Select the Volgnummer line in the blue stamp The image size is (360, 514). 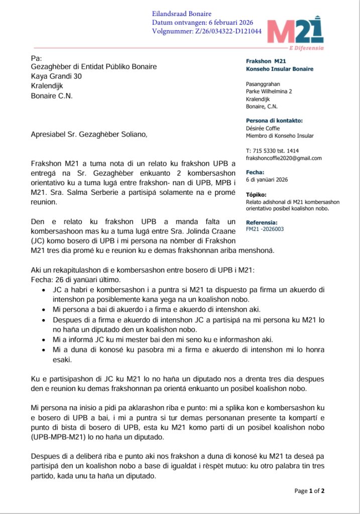pos(206,31)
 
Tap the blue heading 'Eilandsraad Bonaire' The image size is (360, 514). pos(182,14)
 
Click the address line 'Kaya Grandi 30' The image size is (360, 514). pos(56,76)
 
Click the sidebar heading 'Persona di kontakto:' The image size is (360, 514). pos(274,120)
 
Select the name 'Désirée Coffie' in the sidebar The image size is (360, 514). pos(263,128)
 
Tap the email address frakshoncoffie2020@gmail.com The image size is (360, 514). pos(284,158)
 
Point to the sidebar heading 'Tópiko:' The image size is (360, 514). pos(257,194)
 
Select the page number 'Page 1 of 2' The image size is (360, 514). pos(309,491)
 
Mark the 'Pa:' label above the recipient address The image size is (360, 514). pos(36,58)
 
